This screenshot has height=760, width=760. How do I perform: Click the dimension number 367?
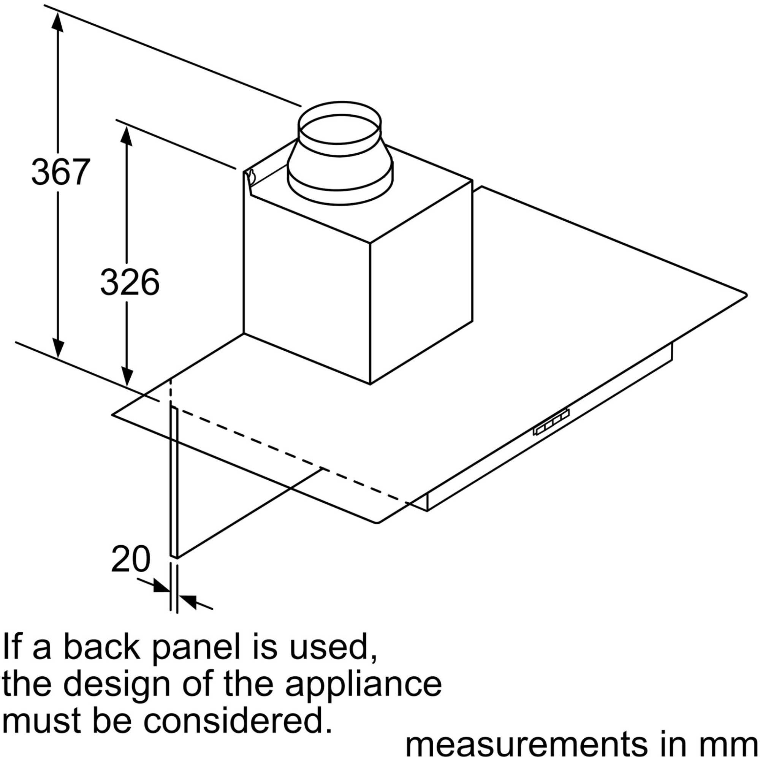click(x=60, y=172)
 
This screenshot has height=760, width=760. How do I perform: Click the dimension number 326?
click(x=130, y=282)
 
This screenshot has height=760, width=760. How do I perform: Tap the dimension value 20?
click(x=131, y=559)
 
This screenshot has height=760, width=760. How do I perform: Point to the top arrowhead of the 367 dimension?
click(x=58, y=22)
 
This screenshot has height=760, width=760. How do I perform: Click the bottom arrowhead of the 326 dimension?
click(x=126, y=377)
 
